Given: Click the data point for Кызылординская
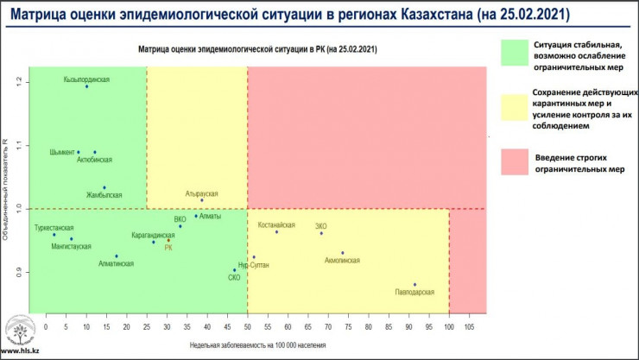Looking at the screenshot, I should (86, 86).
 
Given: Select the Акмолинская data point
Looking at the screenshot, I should (343, 253).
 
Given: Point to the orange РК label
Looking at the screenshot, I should (168, 248).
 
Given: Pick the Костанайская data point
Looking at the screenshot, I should (276, 232).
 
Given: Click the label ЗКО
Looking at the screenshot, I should (321, 225).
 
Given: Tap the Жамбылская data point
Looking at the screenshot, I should (104, 187).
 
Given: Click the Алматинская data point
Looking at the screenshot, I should (117, 256).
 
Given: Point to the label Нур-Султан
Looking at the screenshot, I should (254, 265).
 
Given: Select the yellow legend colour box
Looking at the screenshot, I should (522, 108).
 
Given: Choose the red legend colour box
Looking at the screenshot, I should (522, 162).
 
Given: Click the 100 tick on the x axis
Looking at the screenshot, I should (449, 327).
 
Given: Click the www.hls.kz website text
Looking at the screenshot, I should (19, 352).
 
